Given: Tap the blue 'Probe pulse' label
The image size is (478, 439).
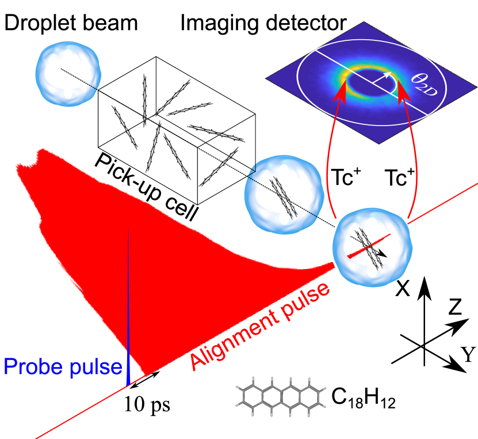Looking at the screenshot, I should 63,366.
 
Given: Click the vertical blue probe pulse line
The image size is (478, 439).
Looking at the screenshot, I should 128,305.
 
